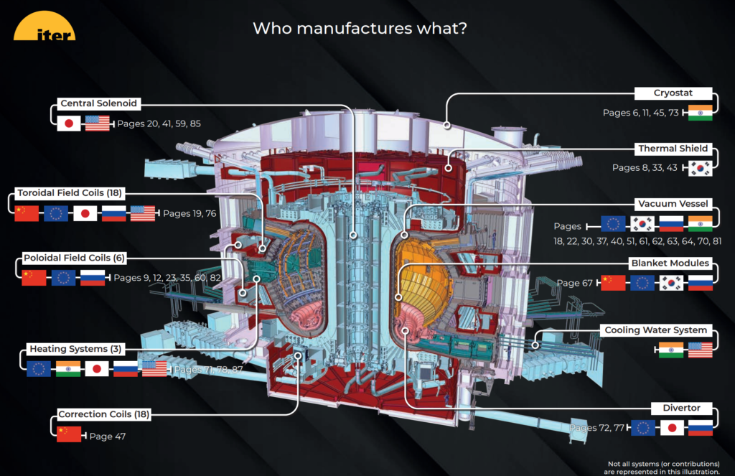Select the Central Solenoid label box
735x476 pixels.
98,104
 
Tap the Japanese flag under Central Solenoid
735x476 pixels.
69,123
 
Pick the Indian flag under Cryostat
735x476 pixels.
700,113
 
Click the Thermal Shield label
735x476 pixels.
673,149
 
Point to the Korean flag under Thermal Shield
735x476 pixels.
700,168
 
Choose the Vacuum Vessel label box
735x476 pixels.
673,204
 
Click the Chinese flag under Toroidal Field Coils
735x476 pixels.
26,213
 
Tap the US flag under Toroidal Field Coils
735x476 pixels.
142,213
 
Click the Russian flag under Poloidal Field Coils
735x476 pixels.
92,278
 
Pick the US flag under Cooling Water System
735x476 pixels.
700,350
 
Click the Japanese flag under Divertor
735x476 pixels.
671,428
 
